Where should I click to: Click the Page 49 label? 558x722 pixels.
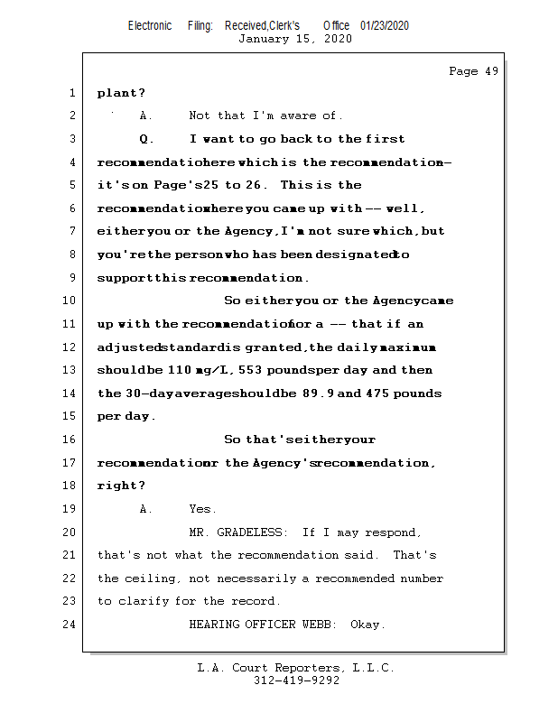[473, 71]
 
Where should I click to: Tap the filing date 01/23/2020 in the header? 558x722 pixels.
[384, 25]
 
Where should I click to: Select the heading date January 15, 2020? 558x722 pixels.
[295, 39]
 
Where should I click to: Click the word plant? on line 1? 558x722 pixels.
[121, 93]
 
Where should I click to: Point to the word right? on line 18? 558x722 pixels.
[121, 486]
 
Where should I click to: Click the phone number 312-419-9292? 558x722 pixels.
[296, 680]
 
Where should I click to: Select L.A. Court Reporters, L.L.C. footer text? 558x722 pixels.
[296, 668]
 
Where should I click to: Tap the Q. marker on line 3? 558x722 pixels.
[147, 139]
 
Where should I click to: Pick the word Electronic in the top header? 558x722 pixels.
[150, 25]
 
